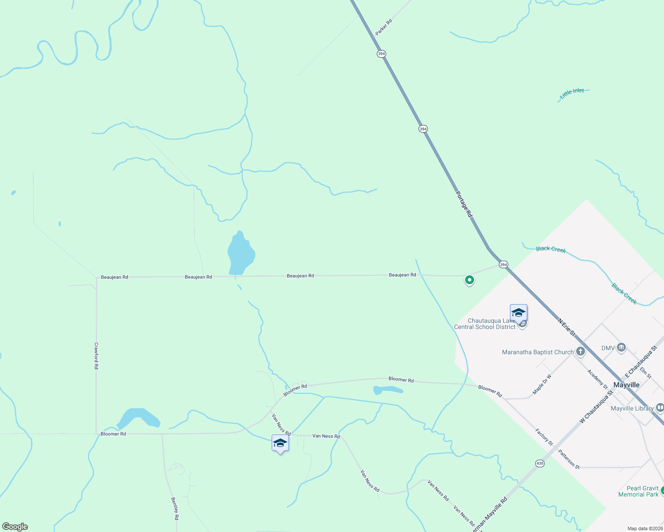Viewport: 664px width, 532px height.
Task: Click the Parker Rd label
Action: (383, 27)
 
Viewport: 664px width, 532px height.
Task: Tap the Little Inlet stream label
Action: (572, 93)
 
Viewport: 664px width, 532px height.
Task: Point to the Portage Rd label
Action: (463, 204)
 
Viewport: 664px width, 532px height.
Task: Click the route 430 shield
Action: (540, 463)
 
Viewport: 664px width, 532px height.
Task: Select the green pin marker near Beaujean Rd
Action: (469, 280)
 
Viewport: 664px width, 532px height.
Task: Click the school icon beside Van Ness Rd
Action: (280, 443)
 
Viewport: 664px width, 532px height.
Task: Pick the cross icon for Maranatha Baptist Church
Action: (581, 352)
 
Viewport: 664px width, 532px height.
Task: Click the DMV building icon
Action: (621, 348)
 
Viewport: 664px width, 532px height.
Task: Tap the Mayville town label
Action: (626, 385)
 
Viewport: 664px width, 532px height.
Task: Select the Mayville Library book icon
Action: (660, 408)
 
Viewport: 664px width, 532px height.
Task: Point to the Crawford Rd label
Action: (96, 356)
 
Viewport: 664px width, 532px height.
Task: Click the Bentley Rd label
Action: (175, 508)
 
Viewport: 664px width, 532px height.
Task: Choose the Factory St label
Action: (544, 437)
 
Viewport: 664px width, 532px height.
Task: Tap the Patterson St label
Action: (569, 459)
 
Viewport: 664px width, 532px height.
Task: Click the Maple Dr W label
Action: (541, 384)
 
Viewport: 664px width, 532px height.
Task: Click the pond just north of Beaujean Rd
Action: (241, 254)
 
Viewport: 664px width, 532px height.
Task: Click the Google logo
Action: (15, 527)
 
